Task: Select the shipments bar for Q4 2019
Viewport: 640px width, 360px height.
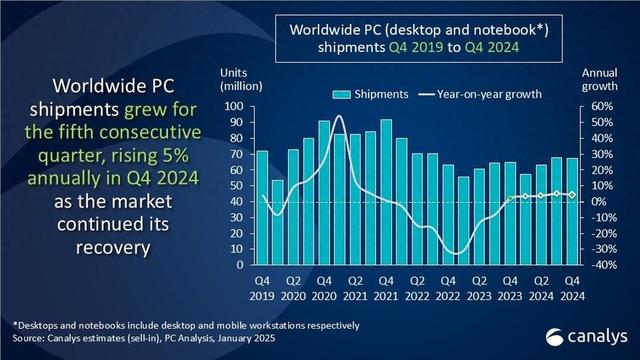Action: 262,207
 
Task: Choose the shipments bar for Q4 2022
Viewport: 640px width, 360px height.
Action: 448,215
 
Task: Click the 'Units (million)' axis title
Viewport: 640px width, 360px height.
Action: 237,79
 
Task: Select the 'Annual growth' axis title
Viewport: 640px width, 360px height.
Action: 597,79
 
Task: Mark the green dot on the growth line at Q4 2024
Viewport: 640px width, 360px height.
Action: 572,194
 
